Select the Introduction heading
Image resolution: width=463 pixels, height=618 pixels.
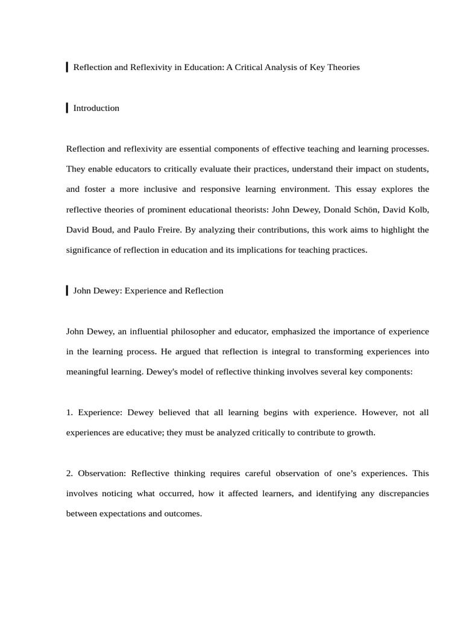(96, 109)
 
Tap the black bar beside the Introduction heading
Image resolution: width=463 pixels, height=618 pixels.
(67, 108)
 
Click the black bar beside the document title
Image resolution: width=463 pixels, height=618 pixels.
(67, 67)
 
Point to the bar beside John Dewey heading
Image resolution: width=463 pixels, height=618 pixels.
(67, 290)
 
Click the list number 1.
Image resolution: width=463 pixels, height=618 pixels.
(69, 413)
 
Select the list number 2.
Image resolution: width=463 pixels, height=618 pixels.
(69, 474)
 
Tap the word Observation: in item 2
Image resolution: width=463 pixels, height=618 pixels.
(102, 474)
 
